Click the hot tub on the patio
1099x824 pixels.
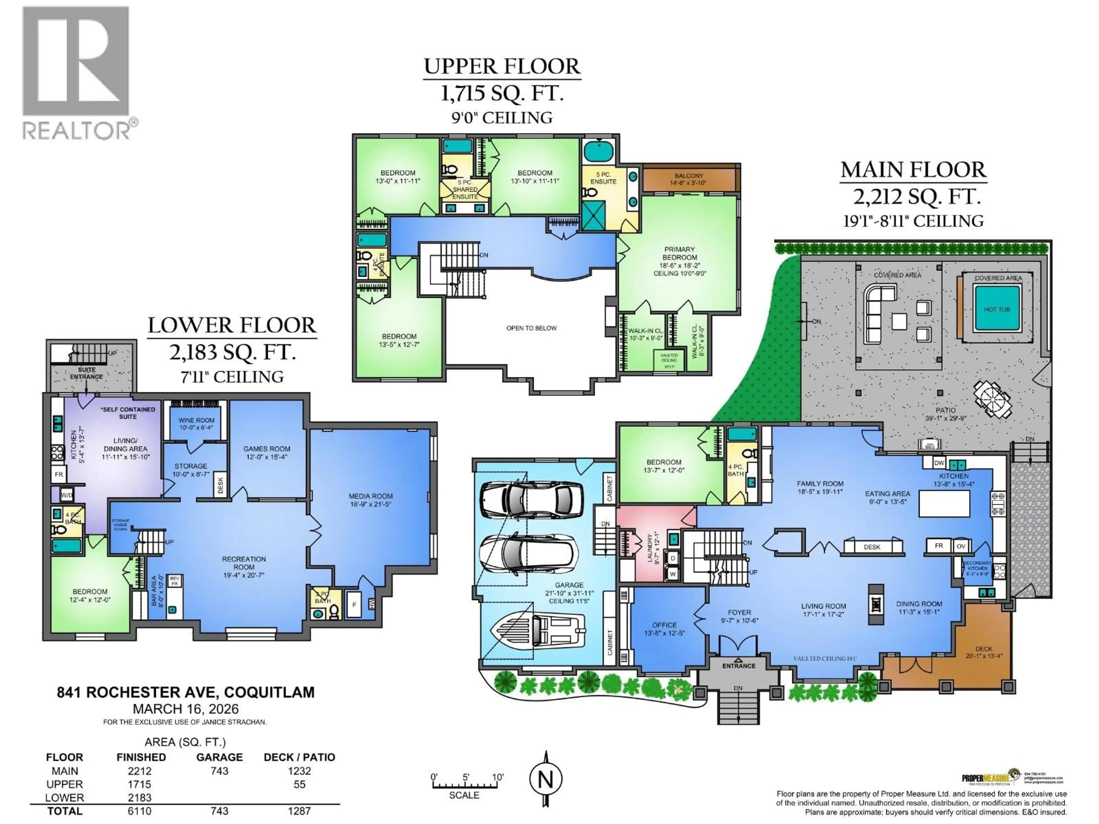pos(997,309)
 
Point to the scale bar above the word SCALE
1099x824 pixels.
pos(464,785)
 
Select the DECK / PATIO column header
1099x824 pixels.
pos(299,757)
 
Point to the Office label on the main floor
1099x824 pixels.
pos(664,625)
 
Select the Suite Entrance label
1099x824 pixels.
pos(86,373)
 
